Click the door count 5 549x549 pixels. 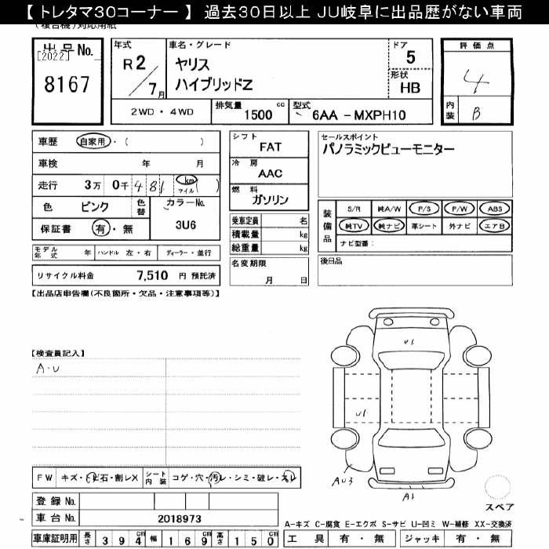pos(410,57)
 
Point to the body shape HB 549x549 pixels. pos(409,88)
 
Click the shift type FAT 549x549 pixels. pos(271,147)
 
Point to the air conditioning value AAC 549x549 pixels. pos(271,173)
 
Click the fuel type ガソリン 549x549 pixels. pos(271,200)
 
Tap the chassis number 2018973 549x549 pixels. pos(180,518)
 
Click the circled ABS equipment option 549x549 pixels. pos(494,209)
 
